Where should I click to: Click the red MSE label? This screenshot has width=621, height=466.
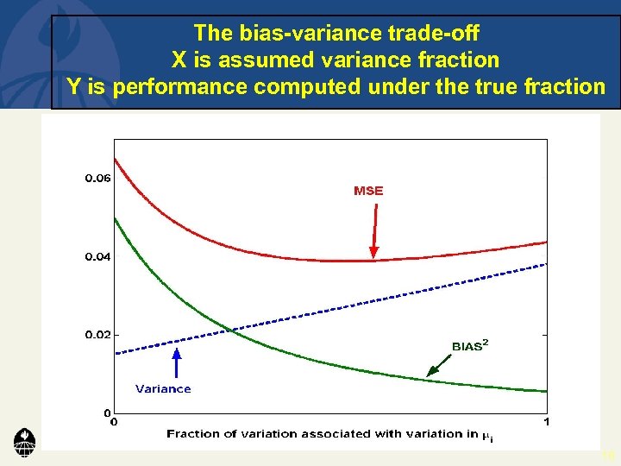click(368, 191)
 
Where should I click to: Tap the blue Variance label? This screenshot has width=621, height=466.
click(163, 389)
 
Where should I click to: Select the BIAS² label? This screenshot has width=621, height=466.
click(470, 346)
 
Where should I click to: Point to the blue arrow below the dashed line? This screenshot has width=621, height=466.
click(176, 362)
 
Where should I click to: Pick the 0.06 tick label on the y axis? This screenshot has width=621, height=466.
click(97, 179)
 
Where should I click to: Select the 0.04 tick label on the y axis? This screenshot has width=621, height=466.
click(97, 257)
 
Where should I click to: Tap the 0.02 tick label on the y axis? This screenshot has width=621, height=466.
click(97, 335)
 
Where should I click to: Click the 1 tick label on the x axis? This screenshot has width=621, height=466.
click(547, 422)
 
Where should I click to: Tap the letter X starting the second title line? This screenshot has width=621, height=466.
click(179, 60)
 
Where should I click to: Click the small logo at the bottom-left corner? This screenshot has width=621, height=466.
click(24, 442)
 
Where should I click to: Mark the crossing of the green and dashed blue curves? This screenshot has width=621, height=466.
click(226, 329)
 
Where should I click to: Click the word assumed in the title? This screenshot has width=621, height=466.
click(256, 60)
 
